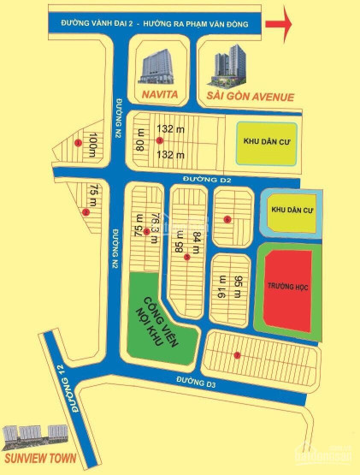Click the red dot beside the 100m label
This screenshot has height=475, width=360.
[78, 142]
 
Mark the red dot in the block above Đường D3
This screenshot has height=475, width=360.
[236, 355]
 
